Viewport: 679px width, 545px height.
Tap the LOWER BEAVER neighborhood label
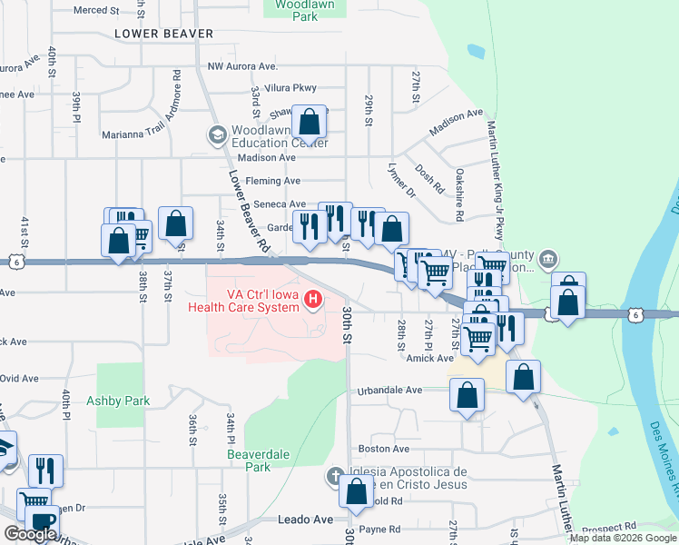click(x=164, y=34)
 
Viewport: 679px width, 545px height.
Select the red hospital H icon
click(x=313, y=298)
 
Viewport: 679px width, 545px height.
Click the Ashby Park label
click(x=117, y=401)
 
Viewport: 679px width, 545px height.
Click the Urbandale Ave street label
click(x=389, y=390)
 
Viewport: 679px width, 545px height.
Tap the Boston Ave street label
click(x=384, y=449)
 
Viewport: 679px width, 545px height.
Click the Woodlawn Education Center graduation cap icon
click(x=217, y=135)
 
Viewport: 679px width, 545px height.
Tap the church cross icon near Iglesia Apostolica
click(x=334, y=476)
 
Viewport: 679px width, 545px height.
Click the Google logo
click(x=30, y=535)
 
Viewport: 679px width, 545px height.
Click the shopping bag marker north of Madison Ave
click(x=309, y=122)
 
